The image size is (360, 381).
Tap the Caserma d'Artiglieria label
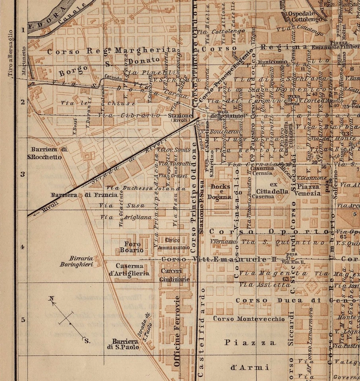coord(133,269)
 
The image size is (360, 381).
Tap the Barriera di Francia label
coord(84,195)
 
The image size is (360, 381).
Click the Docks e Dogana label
coord(221,192)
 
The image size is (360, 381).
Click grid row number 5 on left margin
coord(23,319)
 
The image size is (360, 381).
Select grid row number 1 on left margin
coord(23,29)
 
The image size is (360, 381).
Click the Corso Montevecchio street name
coord(249,319)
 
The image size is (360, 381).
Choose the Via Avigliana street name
coord(126,217)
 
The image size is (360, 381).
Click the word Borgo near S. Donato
coord(73,70)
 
